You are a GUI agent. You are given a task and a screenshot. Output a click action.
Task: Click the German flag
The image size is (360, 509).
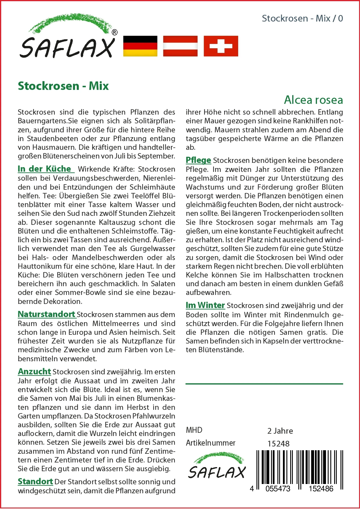[140, 46]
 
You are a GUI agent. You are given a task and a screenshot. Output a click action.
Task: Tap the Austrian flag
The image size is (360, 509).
[180, 46]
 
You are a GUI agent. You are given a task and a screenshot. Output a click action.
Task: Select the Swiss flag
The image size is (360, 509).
[221, 46]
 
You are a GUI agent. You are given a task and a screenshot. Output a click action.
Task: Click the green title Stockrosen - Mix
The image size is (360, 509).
[63, 86]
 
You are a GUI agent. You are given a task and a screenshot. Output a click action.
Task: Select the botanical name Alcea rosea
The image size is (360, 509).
[313, 100]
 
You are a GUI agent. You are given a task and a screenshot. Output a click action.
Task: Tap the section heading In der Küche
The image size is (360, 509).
[45, 169]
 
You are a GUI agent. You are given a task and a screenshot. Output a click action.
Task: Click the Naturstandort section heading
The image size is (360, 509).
[47, 314]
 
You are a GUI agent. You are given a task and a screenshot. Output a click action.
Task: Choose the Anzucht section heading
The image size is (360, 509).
[34, 372]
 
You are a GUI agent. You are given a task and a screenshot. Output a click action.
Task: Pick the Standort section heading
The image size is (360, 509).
[35, 482]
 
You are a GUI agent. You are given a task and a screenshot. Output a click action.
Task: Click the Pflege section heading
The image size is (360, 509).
[198, 160]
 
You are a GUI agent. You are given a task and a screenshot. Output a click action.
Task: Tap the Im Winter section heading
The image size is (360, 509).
[205, 305]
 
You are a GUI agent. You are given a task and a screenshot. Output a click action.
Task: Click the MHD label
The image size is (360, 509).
[194, 430]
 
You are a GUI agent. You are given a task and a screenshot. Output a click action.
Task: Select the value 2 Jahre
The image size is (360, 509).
[280, 431]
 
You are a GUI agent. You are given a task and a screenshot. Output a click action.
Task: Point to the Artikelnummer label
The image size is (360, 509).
[211, 443]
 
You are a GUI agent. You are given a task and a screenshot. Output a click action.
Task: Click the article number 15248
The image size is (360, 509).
[278, 444]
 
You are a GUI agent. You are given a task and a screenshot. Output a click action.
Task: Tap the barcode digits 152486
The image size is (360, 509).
[321, 489]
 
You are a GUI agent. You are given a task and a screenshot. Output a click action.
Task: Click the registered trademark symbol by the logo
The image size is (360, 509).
[115, 33]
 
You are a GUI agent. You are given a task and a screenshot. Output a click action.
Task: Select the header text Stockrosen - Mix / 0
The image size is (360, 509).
[302, 19]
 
